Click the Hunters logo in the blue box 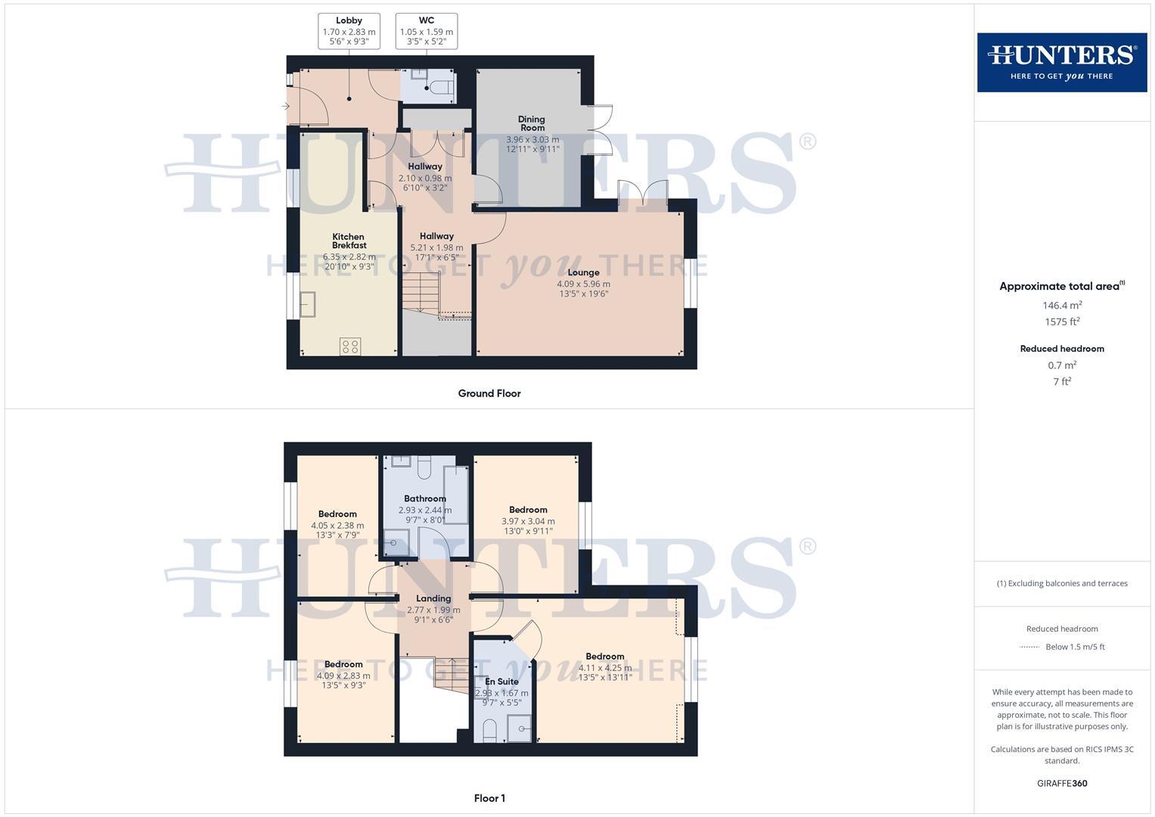(1061, 62)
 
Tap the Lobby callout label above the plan (349, 20)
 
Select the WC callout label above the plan (427, 20)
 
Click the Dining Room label (532, 123)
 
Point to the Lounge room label (583, 272)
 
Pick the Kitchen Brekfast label (349, 241)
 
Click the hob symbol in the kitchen (350, 346)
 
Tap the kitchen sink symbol (309, 305)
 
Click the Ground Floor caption (489, 393)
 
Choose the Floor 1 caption (489, 798)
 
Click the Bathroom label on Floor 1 (425, 499)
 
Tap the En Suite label (501, 682)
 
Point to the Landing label (433, 598)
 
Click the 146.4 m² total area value (1062, 306)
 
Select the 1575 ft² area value (1062, 322)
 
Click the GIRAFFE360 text (1062, 784)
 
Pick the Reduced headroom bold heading (1062, 349)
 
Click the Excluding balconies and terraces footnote (1062, 583)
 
